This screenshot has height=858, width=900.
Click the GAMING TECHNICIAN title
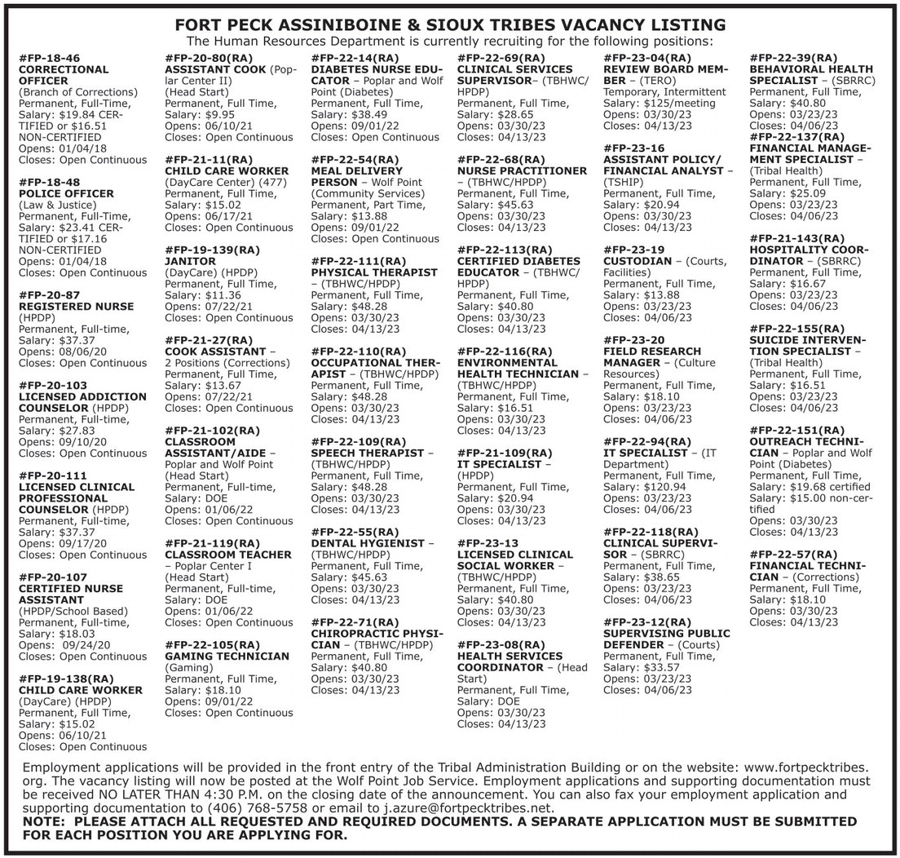[x=227, y=656]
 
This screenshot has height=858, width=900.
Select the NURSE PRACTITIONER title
[x=523, y=171]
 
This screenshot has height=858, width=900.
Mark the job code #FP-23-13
[x=487, y=543]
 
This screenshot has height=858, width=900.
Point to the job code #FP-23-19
[x=634, y=249]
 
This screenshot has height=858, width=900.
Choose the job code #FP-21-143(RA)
[x=796, y=238]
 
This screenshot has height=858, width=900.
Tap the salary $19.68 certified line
[x=823, y=487]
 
